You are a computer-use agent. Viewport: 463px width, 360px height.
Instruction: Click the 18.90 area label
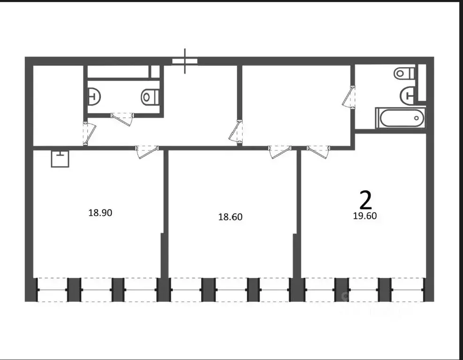(x=100, y=213)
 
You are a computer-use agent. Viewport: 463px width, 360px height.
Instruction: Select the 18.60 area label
(x=230, y=217)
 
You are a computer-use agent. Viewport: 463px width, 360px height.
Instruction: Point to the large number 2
(x=365, y=200)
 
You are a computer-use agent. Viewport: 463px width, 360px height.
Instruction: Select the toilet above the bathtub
(x=405, y=73)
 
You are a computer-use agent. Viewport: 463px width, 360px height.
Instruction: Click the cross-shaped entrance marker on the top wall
(x=185, y=61)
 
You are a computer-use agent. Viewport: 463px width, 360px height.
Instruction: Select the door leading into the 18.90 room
(x=146, y=151)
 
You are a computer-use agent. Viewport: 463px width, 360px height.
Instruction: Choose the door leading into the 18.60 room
(x=280, y=151)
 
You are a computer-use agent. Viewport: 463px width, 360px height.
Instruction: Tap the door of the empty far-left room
(x=88, y=134)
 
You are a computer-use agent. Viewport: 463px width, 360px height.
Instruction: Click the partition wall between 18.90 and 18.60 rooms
(x=165, y=216)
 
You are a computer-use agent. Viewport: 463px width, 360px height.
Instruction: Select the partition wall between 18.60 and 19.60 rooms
(x=297, y=216)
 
